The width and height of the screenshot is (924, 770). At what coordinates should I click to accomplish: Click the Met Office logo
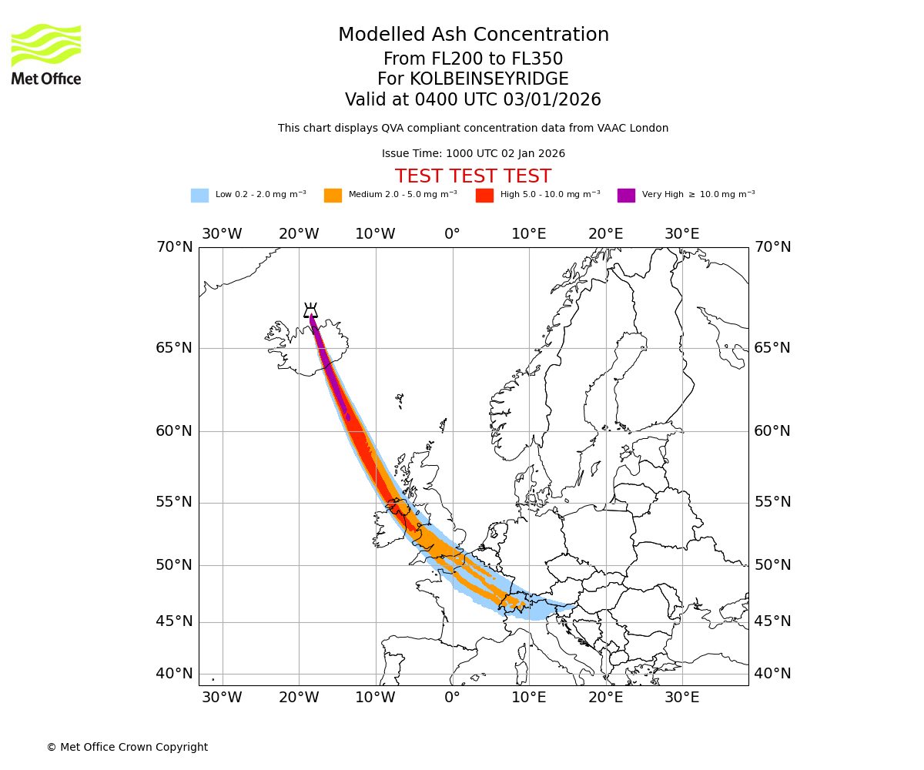pyautogui.click(x=46, y=54)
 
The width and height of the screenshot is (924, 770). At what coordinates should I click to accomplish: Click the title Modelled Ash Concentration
pyautogui.click(x=474, y=35)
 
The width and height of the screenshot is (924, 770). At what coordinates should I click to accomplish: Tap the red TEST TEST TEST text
pyautogui.click(x=473, y=176)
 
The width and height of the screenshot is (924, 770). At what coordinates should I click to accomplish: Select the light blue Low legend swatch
pyautogui.click(x=199, y=196)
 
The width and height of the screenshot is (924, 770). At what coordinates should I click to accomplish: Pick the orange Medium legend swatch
pyautogui.click(x=333, y=196)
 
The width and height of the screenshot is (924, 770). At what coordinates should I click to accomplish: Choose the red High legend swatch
pyautogui.click(x=484, y=196)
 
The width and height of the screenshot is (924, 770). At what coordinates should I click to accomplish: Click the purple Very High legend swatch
pyautogui.click(x=626, y=196)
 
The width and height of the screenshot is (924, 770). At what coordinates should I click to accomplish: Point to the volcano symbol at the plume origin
pyautogui.click(x=310, y=310)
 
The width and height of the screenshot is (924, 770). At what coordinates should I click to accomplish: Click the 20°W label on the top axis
pyautogui.click(x=299, y=234)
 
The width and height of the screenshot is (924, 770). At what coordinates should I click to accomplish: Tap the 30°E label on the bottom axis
pyautogui.click(x=682, y=698)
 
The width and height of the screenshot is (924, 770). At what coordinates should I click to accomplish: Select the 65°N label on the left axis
pyautogui.click(x=174, y=348)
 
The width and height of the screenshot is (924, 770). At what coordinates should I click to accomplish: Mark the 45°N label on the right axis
pyautogui.click(x=772, y=621)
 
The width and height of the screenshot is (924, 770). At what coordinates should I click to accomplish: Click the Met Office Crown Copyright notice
pyautogui.click(x=127, y=748)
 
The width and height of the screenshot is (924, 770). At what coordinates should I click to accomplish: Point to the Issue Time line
pyautogui.click(x=474, y=154)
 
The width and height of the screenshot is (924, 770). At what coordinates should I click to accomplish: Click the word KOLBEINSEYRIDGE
pyautogui.click(x=489, y=79)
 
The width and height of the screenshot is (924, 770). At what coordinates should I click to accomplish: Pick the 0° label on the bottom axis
pyautogui.click(x=452, y=698)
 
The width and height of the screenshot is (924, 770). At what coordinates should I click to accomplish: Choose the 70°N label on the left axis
pyautogui.click(x=174, y=247)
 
